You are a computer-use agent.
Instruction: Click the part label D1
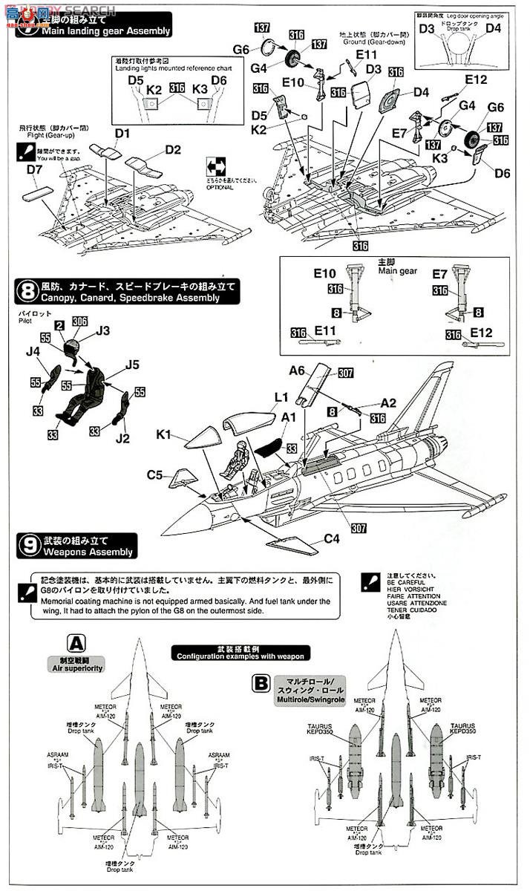click(122, 134)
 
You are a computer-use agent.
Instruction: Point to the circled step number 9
click(25, 546)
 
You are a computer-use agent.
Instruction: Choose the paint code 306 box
click(79, 322)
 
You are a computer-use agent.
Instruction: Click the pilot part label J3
click(103, 330)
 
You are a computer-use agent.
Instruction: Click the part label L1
click(281, 398)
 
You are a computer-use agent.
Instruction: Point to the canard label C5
click(154, 474)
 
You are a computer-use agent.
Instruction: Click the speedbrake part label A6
click(298, 371)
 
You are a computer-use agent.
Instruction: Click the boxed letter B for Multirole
click(260, 680)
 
